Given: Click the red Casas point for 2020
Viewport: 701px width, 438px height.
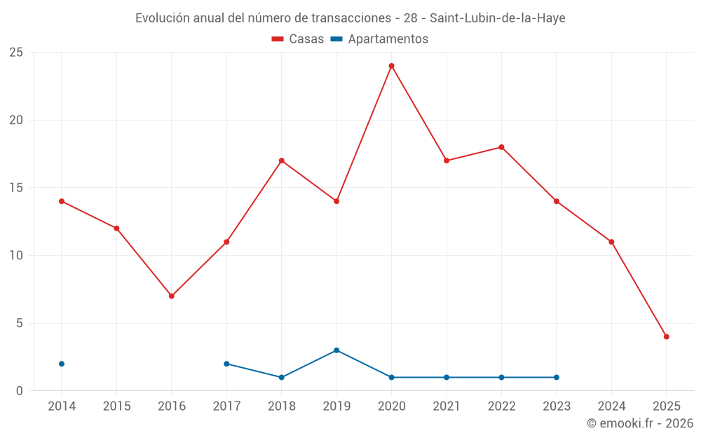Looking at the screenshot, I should coord(392,66).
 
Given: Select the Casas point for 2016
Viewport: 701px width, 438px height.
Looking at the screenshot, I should coord(172,296).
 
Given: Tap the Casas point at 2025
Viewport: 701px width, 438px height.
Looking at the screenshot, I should coord(667,336).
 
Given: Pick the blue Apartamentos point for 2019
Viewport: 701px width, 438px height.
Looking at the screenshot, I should coord(336,350).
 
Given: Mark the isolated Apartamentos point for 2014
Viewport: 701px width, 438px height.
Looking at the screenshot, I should coord(62,364).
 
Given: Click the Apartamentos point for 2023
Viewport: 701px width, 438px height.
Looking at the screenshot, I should coord(557,377).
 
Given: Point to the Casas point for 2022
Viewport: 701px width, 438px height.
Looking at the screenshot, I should coord(502,147).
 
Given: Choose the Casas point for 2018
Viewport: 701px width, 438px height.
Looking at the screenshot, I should coord(282,160).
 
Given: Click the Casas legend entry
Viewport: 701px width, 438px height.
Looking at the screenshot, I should coord(298,39).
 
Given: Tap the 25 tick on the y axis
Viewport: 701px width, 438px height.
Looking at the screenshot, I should coord(16,53).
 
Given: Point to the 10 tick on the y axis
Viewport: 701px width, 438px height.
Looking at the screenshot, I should coord(16,256).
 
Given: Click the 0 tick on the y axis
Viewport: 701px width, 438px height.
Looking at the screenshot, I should coord(20,391).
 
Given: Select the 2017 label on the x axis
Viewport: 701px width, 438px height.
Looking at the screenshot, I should coord(226,406).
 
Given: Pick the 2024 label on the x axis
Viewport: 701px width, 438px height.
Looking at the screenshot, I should coord(612,406).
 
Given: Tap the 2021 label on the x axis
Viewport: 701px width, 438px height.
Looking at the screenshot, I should coord(447,406).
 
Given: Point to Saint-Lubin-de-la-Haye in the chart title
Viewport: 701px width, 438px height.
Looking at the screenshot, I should coord(497,18).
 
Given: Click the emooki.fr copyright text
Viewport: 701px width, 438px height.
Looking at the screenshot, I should coord(639,423).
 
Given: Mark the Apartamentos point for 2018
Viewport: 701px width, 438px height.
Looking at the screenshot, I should coord(282,377).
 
